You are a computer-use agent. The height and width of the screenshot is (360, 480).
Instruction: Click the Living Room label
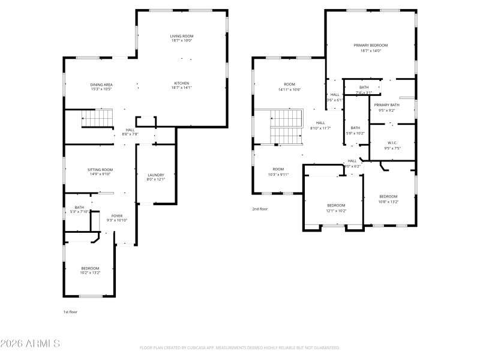point(181,36)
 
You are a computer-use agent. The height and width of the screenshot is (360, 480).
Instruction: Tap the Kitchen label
point(181,83)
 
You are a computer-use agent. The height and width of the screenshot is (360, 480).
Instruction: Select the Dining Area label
point(101,85)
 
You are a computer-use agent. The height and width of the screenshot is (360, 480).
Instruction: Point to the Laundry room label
point(155,175)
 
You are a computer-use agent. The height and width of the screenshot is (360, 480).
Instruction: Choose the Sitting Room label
point(100,170)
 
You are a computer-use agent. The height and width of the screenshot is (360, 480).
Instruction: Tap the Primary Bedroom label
point(370,46)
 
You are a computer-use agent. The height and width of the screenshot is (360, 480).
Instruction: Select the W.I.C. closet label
point(392,143)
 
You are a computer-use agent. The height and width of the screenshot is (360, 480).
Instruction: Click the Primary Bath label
point(387,105)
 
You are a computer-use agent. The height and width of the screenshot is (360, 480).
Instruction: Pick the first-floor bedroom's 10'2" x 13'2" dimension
point(90,272)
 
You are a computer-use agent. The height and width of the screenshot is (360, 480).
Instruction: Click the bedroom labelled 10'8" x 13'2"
point(388,197)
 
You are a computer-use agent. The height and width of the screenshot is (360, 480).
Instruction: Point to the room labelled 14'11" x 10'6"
point(289,85)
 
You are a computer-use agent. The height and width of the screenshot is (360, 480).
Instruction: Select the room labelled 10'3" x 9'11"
point(278,169)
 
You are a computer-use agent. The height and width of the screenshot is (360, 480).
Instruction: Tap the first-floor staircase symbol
point(97,118)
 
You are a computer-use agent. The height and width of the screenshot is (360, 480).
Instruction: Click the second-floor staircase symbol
point(286,128)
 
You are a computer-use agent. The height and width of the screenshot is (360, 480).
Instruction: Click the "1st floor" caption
point(70,312)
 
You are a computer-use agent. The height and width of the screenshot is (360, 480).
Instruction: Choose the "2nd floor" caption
point(259,209)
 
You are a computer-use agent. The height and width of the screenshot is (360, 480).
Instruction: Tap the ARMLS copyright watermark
point(30,344)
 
